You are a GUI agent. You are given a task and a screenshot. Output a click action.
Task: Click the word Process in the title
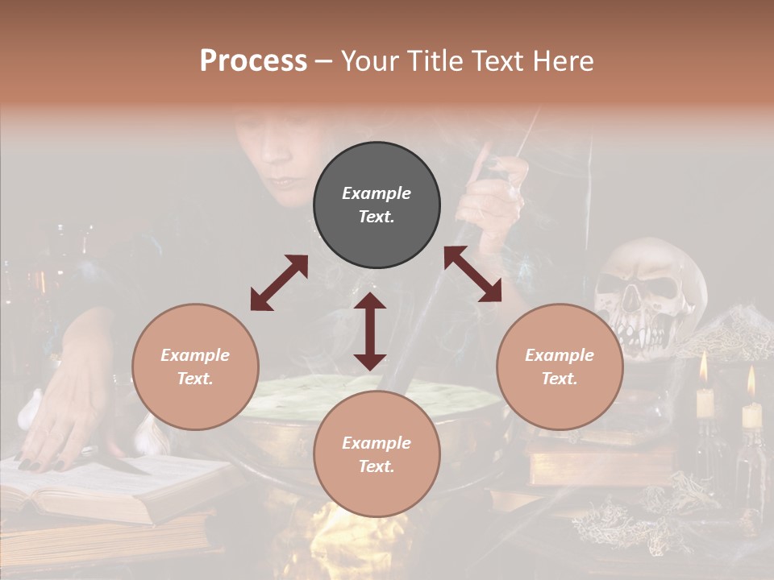pos(253,61)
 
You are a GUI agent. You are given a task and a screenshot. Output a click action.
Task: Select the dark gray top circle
pos(377,205)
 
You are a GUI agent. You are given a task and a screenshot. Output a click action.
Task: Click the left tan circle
pos(195,367)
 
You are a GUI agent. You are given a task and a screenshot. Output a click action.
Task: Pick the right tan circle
pos(560,367)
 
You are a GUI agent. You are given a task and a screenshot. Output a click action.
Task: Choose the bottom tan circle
pos(377,454)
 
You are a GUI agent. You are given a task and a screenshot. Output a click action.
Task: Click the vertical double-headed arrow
pos(370,331)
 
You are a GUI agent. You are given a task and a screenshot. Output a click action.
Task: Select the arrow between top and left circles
pos(279,283)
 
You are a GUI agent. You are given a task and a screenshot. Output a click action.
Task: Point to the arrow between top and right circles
pos(472,274)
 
